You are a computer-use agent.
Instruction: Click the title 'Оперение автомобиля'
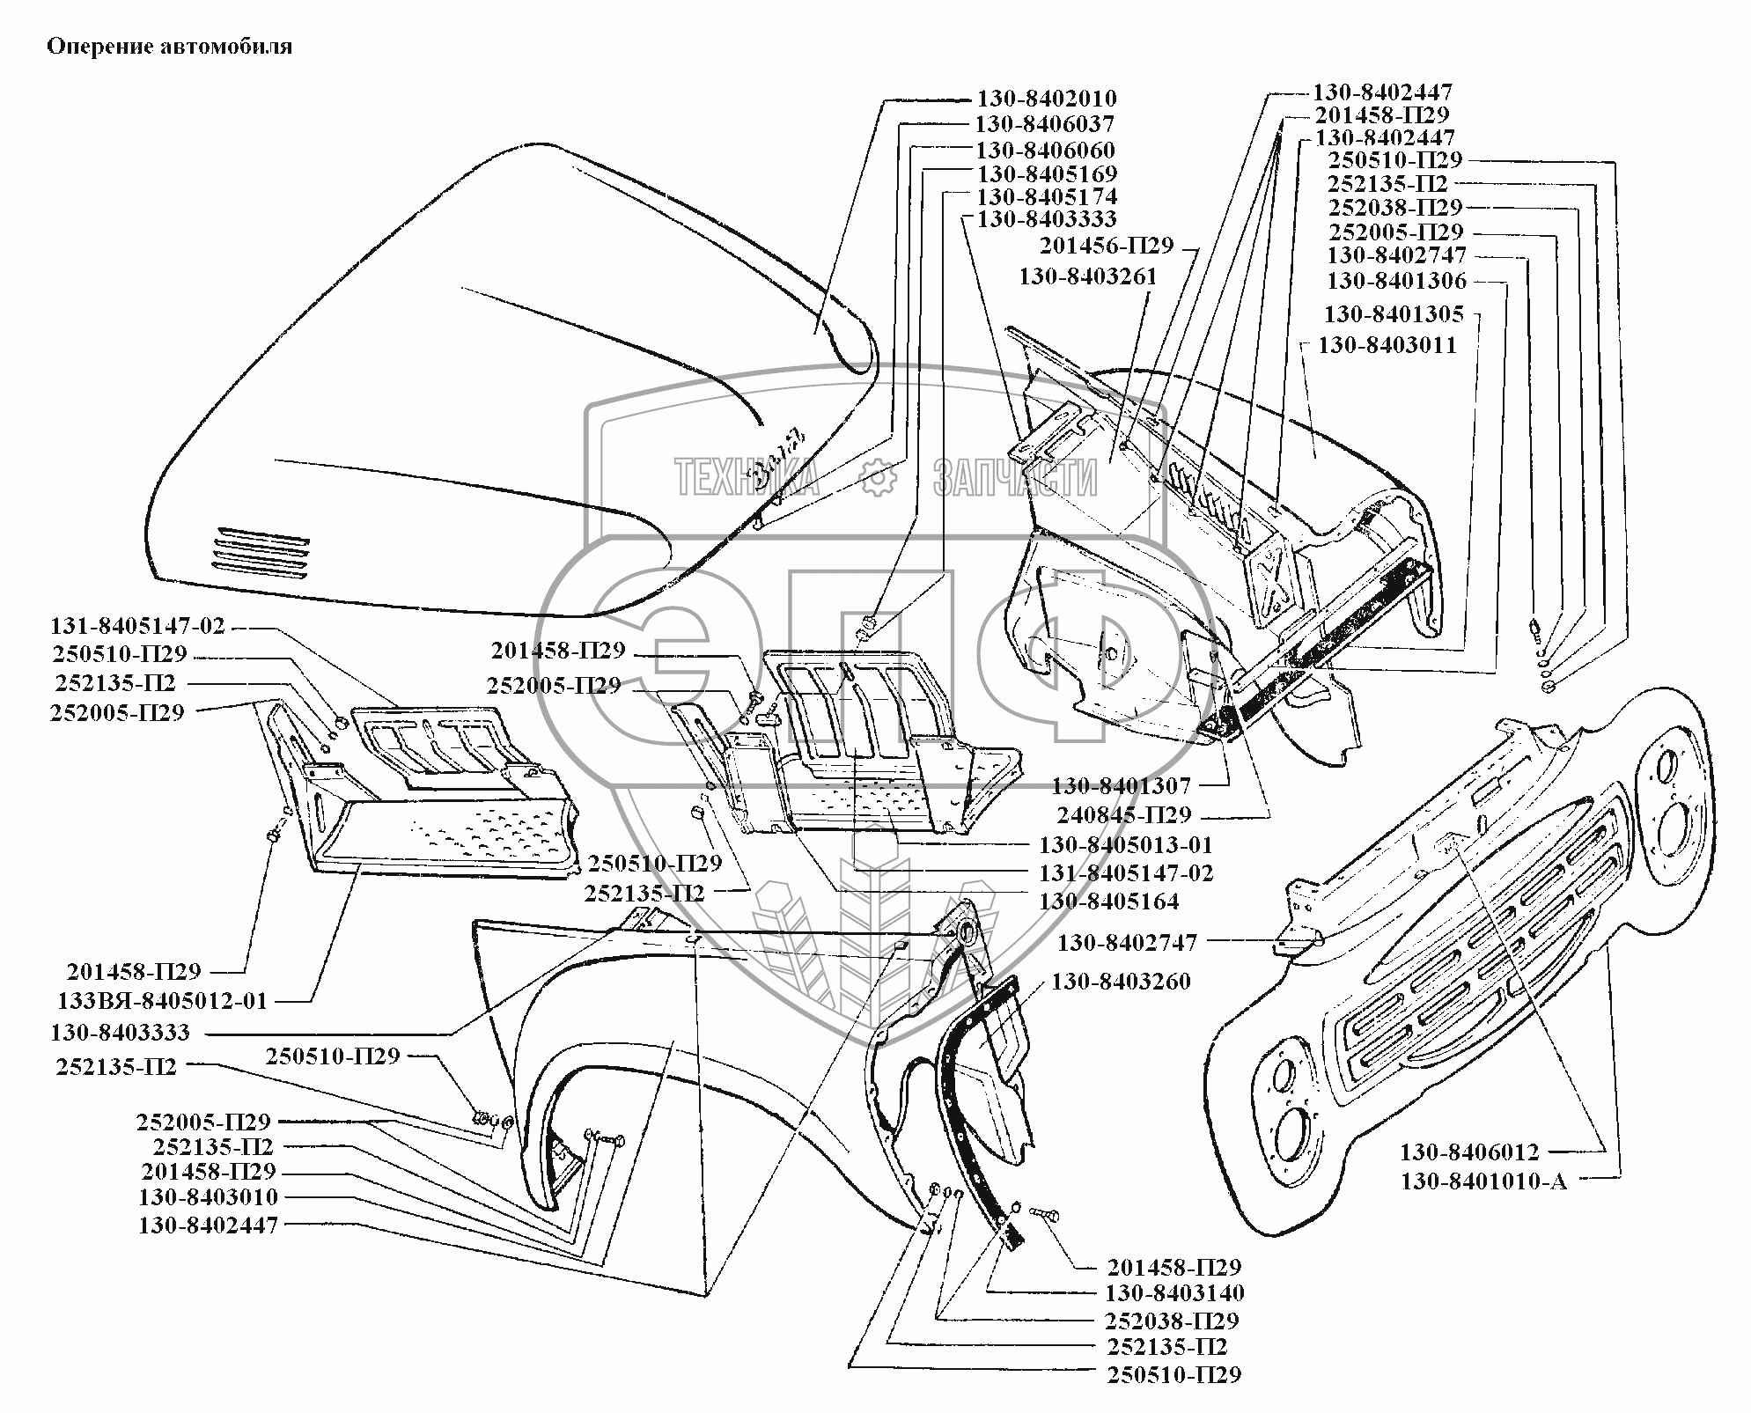pyautogui.click(x=169, y=47)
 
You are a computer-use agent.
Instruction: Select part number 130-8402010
pyautogui.click(x=1046, y=99)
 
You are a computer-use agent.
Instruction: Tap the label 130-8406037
pyautogui.click(x=1044, y=124)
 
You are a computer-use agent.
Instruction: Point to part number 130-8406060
pyautogui.click(x=1045, y=150)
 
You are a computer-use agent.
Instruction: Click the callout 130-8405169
pyautogui.click(x=1047, y=173)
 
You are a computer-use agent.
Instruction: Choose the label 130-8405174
pyautogui.click(x=1047, y=196)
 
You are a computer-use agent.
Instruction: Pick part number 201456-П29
pyautogui.click(x=1107, y=246)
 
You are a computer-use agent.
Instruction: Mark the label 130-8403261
pyautogui.click(x=1087, y=276)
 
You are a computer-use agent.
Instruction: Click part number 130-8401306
pyautogui.click(x=1396, y=281)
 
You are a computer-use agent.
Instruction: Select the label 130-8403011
pyautogui.click(x=1387, y=344)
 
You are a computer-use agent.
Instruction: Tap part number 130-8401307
pyautogui.click(x=1121, y=784)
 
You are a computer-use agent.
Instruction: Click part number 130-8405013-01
pyautogui.click(x=1126, y=845)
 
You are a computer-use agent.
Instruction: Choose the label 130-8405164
pyautogui.click(x=1108, y=901)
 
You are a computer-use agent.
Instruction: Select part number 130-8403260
pyautogui.click(x=1121, y=981)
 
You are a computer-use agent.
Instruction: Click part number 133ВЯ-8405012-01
pyautogui.click(x=162, y=1001)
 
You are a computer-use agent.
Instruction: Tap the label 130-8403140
pyautogui.click(x=1174, y=1292)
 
